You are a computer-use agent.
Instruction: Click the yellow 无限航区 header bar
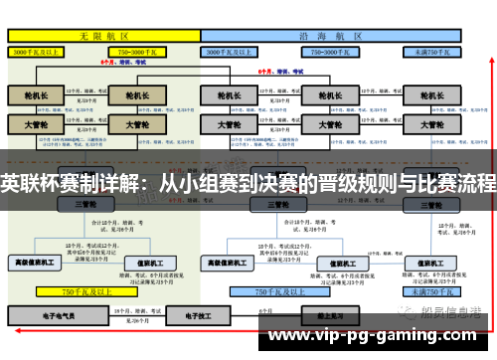click(102, 34)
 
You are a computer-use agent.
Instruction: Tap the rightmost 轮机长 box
click(431, 95)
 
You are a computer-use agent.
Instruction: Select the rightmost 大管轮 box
click(431, 126)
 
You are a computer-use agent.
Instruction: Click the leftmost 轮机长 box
click(36, 95)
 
